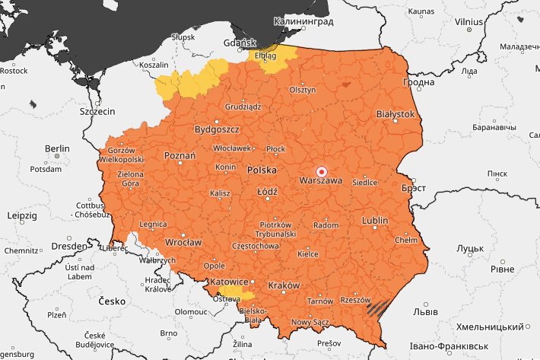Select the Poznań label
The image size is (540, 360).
180,155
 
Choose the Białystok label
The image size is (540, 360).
395,114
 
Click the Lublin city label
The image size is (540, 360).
374,221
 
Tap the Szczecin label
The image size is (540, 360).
97,111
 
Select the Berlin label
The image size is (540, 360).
57,148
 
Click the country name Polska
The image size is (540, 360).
262,170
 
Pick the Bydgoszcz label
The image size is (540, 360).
217,130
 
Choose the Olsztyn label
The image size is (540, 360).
302,90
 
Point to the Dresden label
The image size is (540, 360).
69,247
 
